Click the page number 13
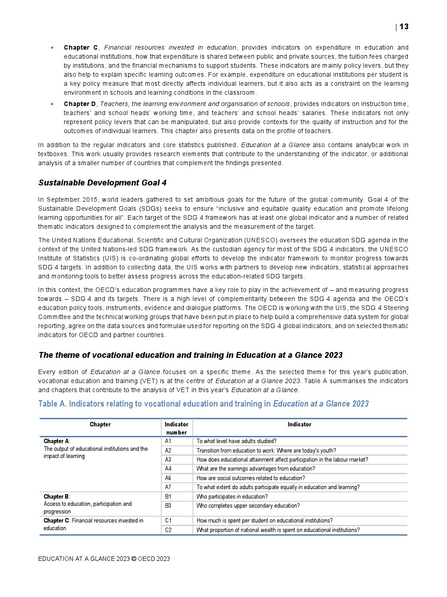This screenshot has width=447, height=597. (404, 27)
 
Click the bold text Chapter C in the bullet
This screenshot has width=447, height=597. (81, 48)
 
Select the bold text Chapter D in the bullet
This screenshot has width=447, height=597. (80, 104)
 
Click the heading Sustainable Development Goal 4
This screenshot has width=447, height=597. (102, 183)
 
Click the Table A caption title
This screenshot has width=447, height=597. (203, 404)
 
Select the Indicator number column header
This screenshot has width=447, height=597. (177, 428)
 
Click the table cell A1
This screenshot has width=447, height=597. (168, 441)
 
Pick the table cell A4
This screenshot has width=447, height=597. (168, 469)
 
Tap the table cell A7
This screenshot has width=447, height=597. (168, 487)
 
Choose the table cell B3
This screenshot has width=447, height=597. (168, 506)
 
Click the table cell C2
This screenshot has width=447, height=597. (168, 530)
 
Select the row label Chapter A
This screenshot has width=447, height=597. (56, 441)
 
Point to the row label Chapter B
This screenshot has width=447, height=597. (56, 497)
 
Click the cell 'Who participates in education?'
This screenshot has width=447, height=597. (232, 497)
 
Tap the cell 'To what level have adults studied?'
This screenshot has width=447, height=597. (237, 441)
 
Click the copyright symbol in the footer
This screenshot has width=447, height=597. (134, 559)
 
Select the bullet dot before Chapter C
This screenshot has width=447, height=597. (53, 48)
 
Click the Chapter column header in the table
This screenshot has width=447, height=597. (100, 425)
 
